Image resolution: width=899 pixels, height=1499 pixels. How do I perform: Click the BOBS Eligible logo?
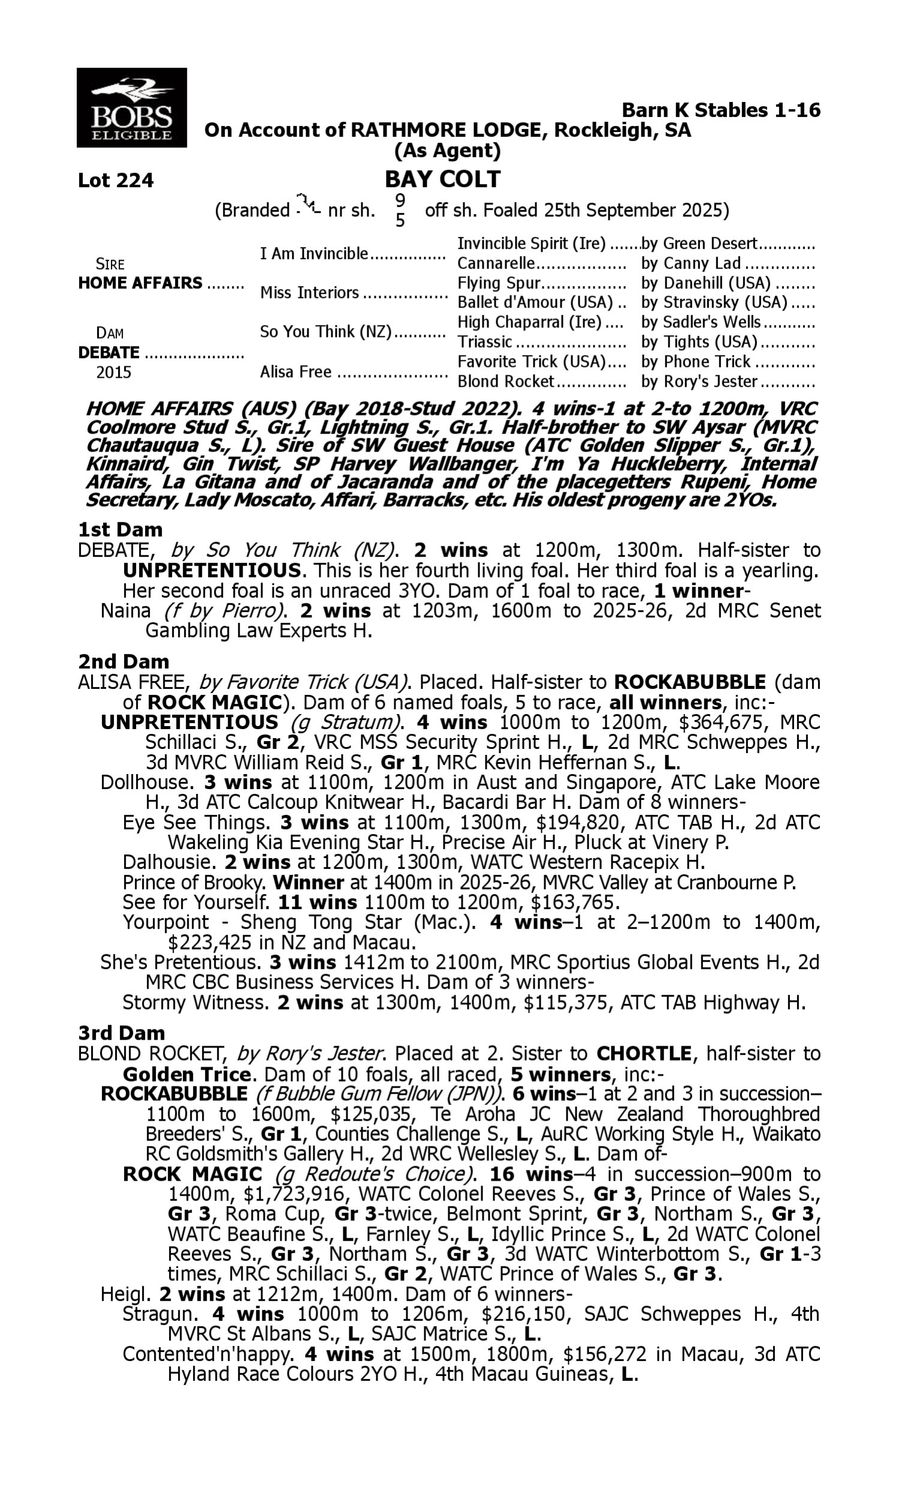(131, 107)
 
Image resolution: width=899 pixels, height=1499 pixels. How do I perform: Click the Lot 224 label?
(116, 180)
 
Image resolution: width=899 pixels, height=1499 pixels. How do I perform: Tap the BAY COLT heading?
(443, 179)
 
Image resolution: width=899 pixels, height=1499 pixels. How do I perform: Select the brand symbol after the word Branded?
(307, 204)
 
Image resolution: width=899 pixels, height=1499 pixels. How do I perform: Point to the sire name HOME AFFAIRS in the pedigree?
(140, 283)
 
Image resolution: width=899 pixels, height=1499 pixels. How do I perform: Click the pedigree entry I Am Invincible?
(314, 253)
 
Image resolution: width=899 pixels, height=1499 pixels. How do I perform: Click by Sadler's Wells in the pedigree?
(700, 322)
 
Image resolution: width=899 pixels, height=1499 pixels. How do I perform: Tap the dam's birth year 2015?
(114, 372)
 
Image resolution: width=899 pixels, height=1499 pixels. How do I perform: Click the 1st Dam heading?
(120, 529)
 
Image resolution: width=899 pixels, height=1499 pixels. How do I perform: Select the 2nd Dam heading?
(123, 661)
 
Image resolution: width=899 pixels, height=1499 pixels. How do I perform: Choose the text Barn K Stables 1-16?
(721, 110)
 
